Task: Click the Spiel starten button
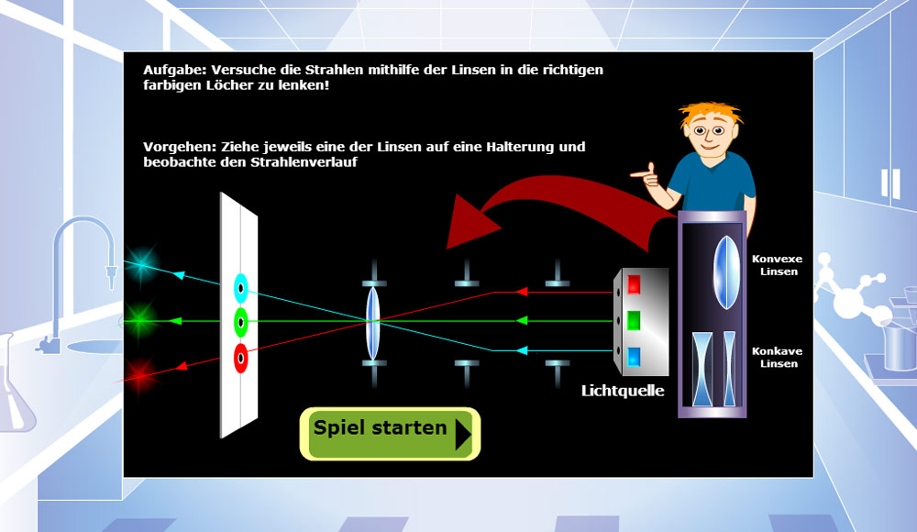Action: tap(390, 434)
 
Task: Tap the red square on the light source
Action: tap(634, 284)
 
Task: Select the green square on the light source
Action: tap(634, 320)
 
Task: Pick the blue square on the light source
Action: tap(634, 357)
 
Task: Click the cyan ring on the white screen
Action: tap(241, 288)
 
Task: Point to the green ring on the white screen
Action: tap(241, 322)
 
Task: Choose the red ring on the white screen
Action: tap(241, 358)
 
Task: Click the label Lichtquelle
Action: tap(623, 391)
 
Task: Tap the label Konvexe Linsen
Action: tap(778, 265)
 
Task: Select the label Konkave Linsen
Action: tap(778, 357)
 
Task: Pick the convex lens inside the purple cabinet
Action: tap(726, 272)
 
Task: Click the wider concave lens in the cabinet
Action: tap(702, 369)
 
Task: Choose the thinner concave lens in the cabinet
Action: tap(729, 369)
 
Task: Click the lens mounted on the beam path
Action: tap(373, 323)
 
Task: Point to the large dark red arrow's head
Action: tap(470, 222)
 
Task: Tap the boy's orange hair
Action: tap(711, 114)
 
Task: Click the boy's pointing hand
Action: tap(645, 174)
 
